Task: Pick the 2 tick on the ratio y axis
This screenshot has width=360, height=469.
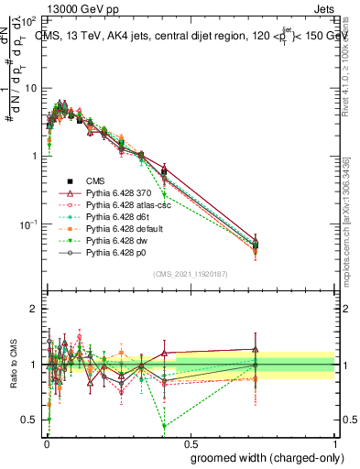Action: [x=35, y=309]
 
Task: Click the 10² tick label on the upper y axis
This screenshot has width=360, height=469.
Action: [x=27, y=19]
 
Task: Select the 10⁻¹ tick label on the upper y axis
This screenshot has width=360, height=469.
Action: [x=27, y=224]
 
